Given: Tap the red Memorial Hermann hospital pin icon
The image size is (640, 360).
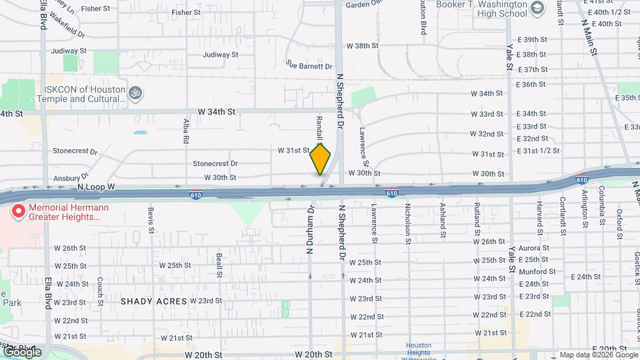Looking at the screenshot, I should [19, 212].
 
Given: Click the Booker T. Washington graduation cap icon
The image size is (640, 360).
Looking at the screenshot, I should [537, 9].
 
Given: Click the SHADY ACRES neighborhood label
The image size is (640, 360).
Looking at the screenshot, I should [153, 301].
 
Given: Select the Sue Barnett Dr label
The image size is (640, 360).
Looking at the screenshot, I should [308, 66].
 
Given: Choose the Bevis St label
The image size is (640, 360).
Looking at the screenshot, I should [151, 219].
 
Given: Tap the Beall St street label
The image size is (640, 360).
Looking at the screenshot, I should [219, 264].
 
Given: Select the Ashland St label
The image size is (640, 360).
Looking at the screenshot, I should [442, 221].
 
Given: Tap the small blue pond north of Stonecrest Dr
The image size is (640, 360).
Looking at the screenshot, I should [140, 133].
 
